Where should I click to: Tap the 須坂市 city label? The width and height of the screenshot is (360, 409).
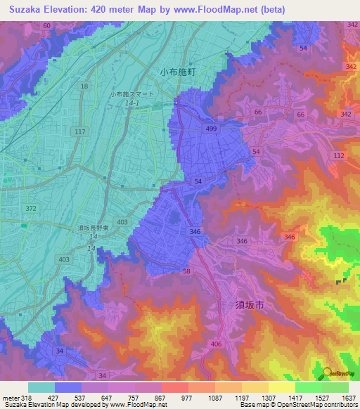[249, 305]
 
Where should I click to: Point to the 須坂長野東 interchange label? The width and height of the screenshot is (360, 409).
[91, 228]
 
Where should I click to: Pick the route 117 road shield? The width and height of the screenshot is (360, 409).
[79, 131]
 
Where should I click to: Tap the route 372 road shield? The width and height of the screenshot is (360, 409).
[31, 209]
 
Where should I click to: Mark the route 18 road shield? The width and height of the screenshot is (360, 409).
[84, 86]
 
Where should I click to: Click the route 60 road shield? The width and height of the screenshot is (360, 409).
[46, 25]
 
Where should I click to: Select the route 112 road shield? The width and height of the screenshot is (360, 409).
[339, 155]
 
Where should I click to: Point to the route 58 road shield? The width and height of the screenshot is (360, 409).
[187, 271]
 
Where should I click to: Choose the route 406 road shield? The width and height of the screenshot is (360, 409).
[216, 344]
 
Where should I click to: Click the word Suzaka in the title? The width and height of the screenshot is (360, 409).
[25, 9]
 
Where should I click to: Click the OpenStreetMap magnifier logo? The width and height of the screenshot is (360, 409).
[328, 373]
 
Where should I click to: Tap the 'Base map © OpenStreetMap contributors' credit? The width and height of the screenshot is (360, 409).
[297, 405]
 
